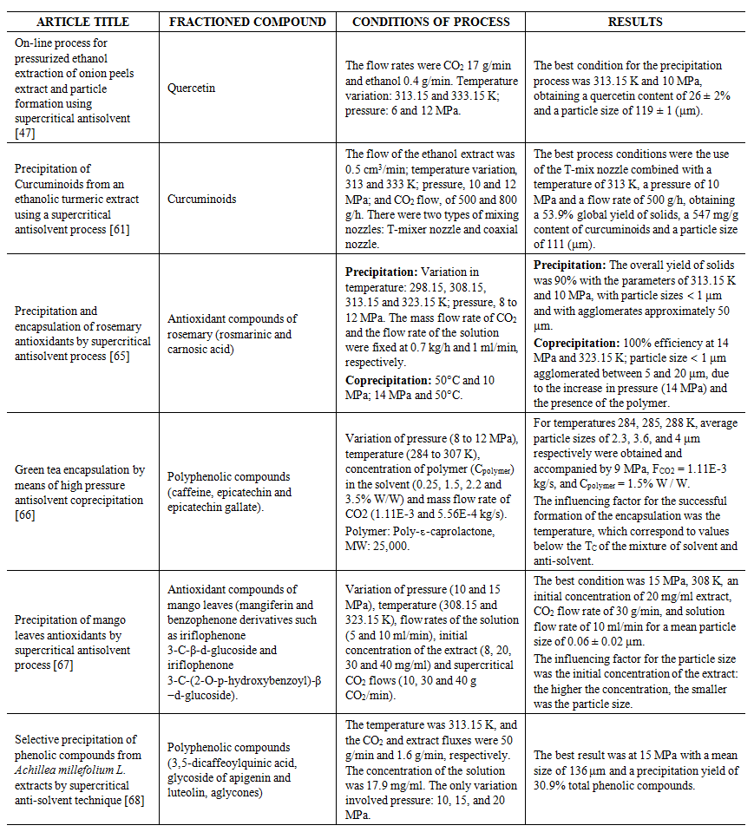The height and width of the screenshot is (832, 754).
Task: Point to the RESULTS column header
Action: [x=638, y=22]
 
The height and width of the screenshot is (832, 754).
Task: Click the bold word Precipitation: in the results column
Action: [x=567, y=265]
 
